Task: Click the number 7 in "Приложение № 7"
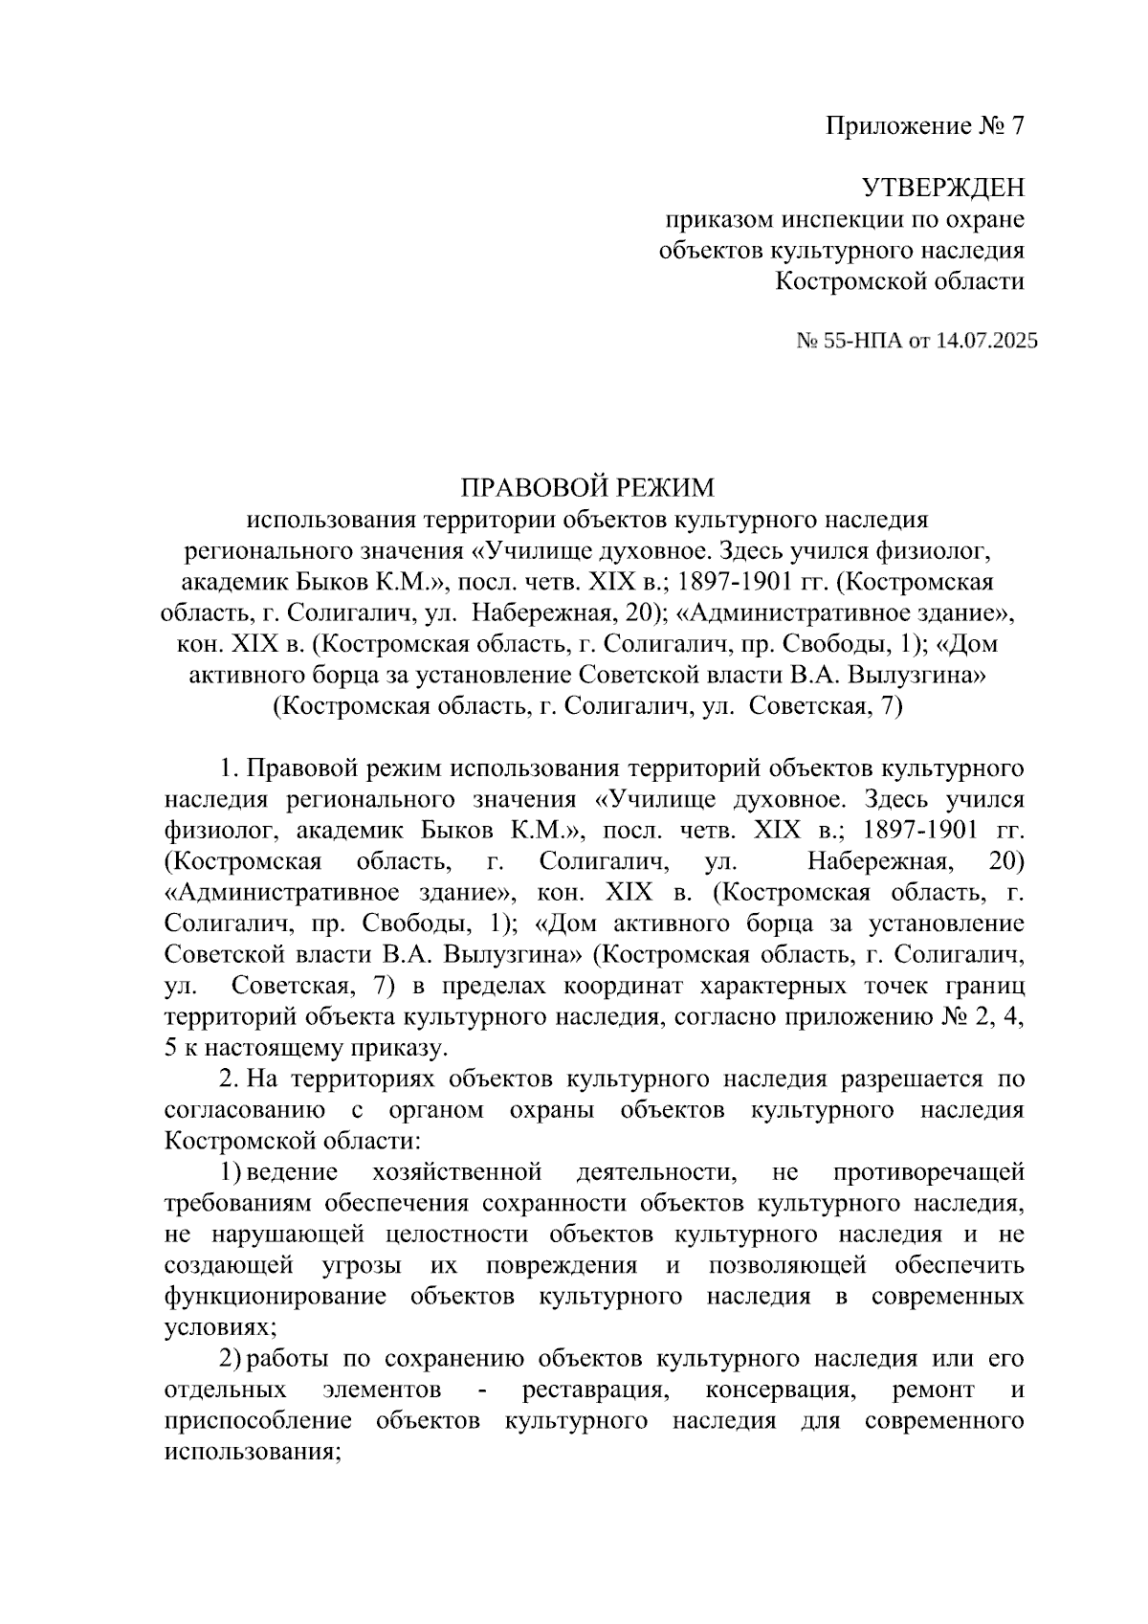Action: tap(1016, 126)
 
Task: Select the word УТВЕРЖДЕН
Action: tap(942, 188)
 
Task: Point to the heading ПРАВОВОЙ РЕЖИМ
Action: tap(587, 488)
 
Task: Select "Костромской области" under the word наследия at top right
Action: tap(899, 281)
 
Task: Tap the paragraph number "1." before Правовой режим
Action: tap(228, 768)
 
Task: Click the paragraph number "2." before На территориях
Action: tap(228, 1079)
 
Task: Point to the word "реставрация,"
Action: tap(594, 1390)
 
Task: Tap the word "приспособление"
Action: tap(259, 1421)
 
